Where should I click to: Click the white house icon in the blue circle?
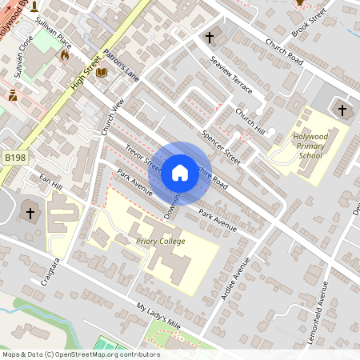(179, 173)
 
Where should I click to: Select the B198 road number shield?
(14, 158)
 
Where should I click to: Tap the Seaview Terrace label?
(230, 74)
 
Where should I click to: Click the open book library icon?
(101, 73)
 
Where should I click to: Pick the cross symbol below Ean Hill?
(30, 213)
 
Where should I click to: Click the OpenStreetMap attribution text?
(80, 354)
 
